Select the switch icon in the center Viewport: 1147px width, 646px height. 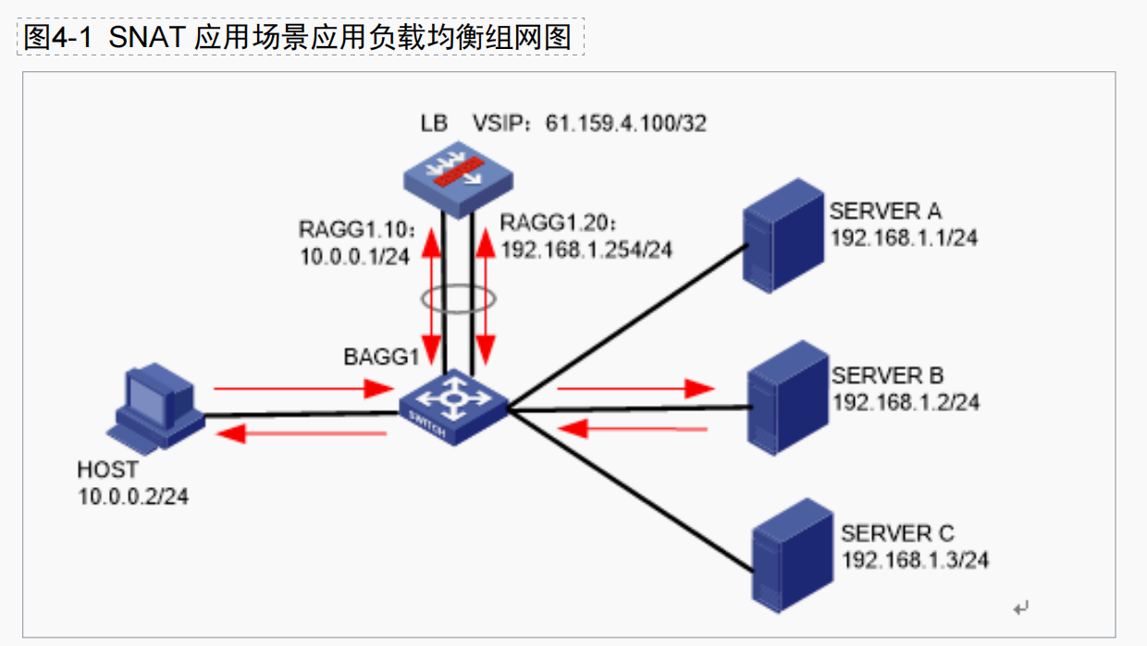tap(453, 407)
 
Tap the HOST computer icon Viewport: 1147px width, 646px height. tap(155, 407)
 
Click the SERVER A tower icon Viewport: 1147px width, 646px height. tap(783, 235)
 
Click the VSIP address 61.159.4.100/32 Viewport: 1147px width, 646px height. tap(625, 123)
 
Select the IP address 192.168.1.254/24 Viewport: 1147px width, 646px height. tap(586, 249)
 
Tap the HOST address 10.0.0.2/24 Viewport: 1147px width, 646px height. tap(133, 496)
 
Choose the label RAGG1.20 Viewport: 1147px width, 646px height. tap(557, 223)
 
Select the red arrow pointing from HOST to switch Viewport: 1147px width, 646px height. tap(304, 390)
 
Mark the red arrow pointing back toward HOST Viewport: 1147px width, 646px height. tap(304, 433)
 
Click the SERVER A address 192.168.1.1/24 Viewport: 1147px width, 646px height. tap(904, 238)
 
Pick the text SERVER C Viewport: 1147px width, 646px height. tap(897, 534)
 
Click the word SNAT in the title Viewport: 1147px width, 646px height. tap(149, 37)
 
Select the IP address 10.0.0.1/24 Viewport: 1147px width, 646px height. tap(354, 257)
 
